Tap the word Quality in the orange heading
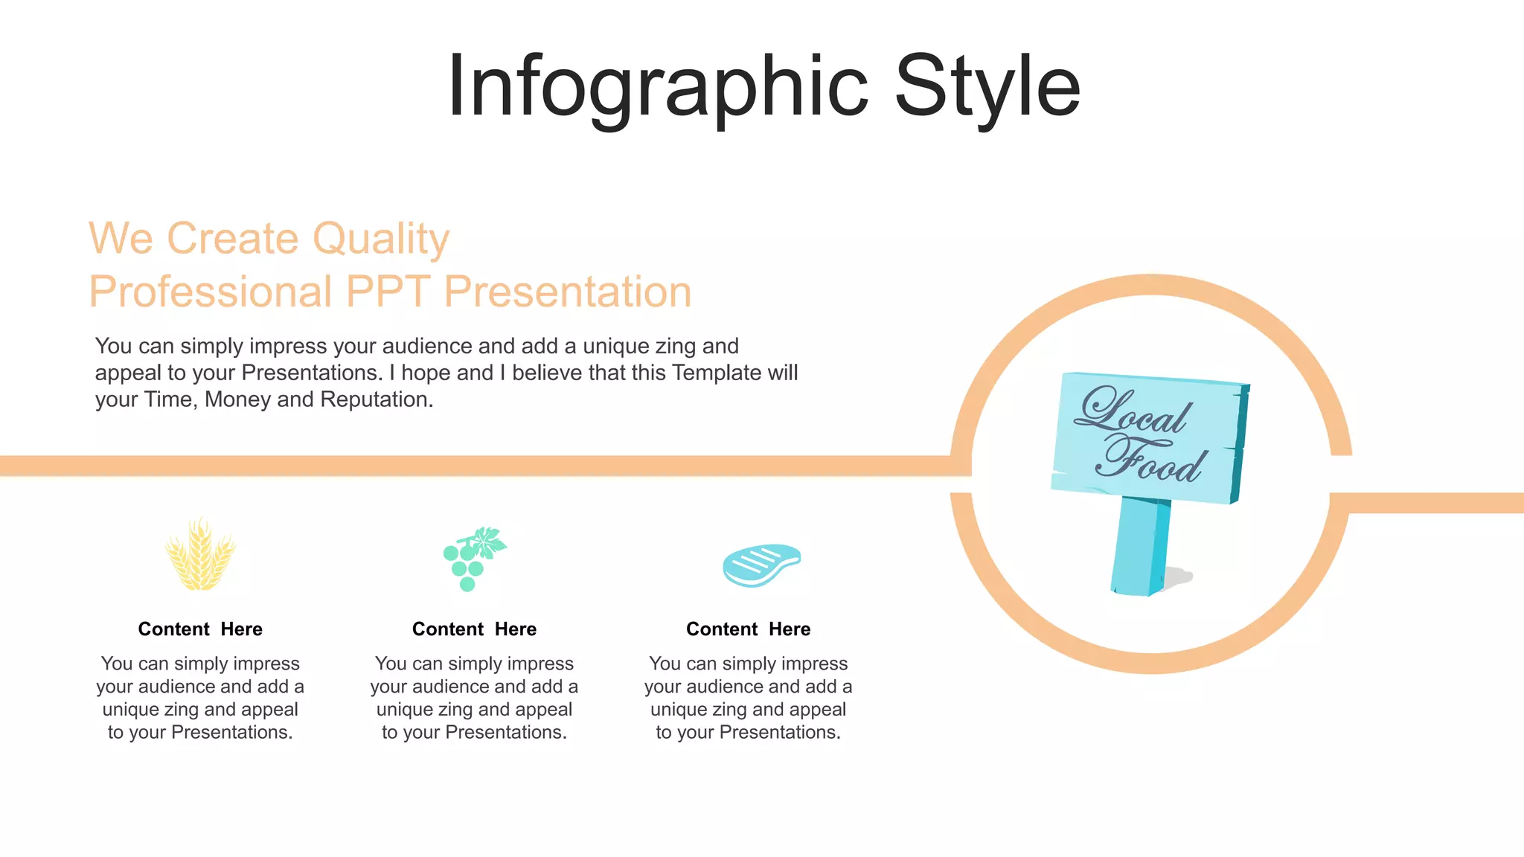coord(380,240)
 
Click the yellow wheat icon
coord(199,555)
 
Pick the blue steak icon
coord(761,565)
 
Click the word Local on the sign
coord(1133,411)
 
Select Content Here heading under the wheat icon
coord(200,629)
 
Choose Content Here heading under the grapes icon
coord(474,629)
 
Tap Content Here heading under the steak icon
coord(748,629)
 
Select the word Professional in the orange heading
coord(211,292)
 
